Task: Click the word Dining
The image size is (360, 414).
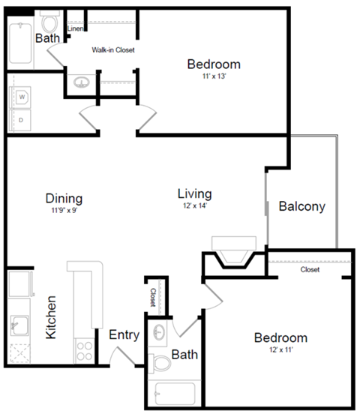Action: coord(64,199)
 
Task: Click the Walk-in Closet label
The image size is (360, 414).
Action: coord(112,50)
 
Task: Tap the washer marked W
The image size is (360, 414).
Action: coord(22,97)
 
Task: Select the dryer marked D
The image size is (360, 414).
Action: coord(22,119)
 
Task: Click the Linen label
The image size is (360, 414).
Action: coord(74,29)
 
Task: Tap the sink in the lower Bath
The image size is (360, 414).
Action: coord(159,333)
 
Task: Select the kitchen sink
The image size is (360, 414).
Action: coord(19,325)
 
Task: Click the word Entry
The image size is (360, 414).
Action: coord(124,335)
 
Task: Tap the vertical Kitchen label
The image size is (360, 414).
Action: coord(52,317)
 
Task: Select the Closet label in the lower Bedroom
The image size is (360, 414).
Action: coord(309,269)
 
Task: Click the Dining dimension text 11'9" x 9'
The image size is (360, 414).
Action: coord(64,211)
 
